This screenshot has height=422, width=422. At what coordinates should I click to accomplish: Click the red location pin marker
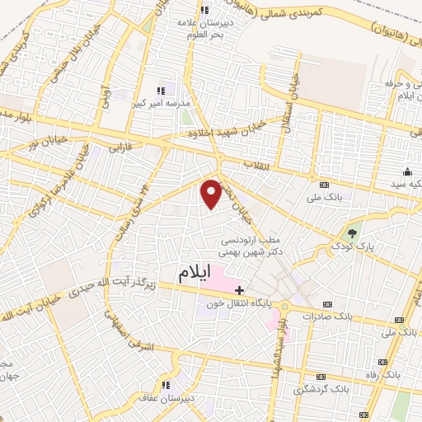[x=212, y=194]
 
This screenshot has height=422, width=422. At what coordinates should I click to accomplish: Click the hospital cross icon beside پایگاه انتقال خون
[x=239, y=290]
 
